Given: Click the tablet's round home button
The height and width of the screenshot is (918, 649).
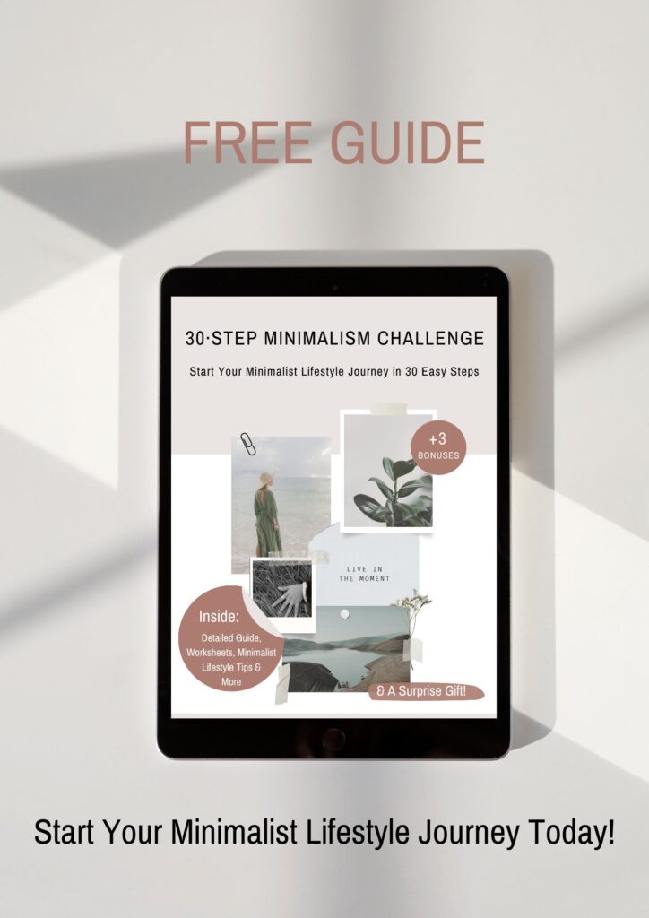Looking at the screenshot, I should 333,739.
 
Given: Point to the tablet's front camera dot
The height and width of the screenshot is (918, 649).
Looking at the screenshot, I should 333,287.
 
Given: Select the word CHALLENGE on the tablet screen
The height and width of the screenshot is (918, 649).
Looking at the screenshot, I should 430,338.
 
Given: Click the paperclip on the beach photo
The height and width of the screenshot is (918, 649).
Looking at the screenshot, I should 246,445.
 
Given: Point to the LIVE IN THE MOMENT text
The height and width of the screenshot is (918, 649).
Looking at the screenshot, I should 364,574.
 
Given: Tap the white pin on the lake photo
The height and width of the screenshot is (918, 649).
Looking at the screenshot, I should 343,613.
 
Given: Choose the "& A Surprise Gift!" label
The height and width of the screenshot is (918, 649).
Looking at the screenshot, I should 426,691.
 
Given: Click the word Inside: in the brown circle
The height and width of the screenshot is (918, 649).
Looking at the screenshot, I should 215,618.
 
